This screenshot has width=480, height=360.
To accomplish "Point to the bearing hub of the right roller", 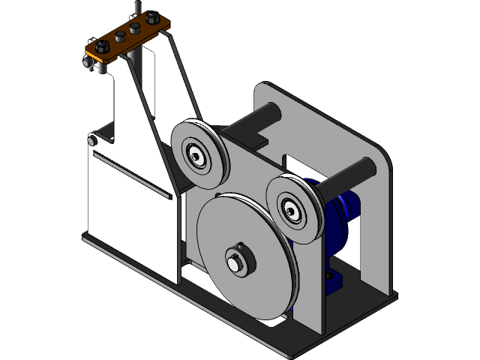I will point(292,209).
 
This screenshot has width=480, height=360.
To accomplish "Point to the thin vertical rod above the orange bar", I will point(136,7).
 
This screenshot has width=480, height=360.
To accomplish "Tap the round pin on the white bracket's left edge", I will point(91,140).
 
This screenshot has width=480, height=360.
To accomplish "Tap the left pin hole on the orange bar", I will point(119,37).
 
